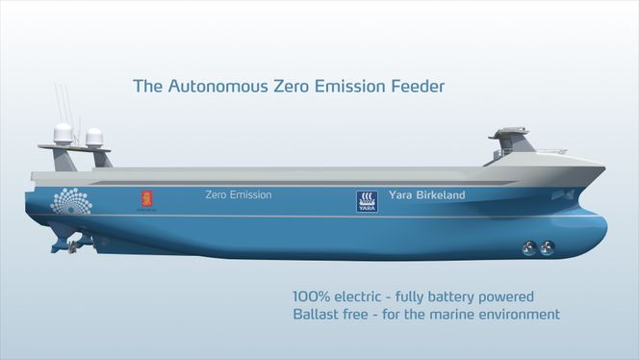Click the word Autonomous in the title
pos(215,88)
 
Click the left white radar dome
pos(64,134)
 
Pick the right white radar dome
pos(94,137)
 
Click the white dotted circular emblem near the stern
pos(71,201)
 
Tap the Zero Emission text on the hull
pos(238,194)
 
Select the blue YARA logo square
pos(367,200)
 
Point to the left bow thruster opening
pos(527,247)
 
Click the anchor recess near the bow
pos(567,194)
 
